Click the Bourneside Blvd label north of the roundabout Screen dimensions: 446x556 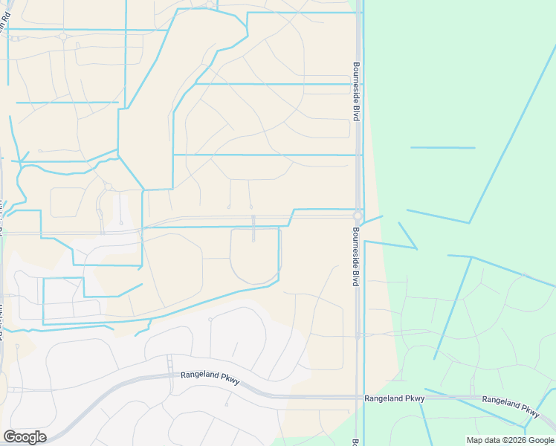click(x=357, y=91)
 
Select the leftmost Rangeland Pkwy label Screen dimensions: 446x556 click(x=210, y=376)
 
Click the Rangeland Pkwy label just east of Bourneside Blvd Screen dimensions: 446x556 click(x=394, y=399)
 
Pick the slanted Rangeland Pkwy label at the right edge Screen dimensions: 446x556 click(x=511, y=405)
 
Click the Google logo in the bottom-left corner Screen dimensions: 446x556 click(x=25, y=437)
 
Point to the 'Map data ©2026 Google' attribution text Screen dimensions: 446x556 click(x=510, y=440)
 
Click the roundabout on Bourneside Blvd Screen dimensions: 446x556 click(x=358, y=216)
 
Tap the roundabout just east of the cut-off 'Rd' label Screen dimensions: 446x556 click(x=62, y=36)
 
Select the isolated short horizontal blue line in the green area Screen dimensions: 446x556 click(x=442, y=148)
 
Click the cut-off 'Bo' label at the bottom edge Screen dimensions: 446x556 click(x=355, y=442)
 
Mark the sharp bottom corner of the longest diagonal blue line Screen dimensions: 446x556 click(x=469, y=222)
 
